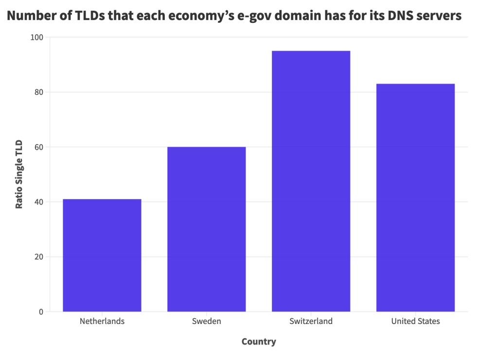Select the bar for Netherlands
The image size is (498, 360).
[x=102, y=255]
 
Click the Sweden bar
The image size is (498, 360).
[x=206, y=229]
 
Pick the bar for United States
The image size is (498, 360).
[x=415, y=198]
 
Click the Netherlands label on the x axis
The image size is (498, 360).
[x=102, y=321]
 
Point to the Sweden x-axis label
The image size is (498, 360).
[x=206, y=321]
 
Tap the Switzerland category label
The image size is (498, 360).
[x=311, y=321]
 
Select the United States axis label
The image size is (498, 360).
[x=415, y=321]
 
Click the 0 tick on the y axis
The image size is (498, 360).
[x=41, y=312]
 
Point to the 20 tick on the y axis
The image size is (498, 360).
[x=38, y=257]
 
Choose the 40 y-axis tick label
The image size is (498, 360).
[x=38, y=202]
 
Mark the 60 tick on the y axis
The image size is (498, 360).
[x=38, y=147]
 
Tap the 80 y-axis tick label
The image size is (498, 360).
[x=38, y=92]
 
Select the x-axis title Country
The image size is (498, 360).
[x=259, y=342]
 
